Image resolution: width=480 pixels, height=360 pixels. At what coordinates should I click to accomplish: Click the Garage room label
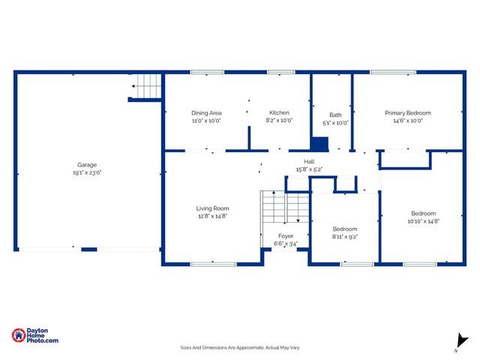coord(87,165)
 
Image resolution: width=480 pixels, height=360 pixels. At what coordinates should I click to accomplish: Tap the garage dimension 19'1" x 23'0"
coord(87,172)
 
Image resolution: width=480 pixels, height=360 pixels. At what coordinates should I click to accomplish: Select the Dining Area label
coord(206,112)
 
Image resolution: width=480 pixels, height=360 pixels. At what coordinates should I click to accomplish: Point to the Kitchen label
coord(279,112)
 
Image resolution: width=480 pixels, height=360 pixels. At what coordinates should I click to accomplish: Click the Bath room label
coord(335,115)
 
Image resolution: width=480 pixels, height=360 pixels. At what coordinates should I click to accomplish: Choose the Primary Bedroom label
coord(408,112)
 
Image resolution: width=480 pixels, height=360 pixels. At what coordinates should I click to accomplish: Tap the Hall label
coord(309,161)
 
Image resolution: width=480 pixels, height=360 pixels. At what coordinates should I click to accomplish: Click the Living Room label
coord(213,208)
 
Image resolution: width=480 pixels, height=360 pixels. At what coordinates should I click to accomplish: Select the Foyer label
coord(286,235)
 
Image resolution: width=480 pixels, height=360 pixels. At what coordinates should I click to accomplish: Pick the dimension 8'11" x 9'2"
coord(345,236)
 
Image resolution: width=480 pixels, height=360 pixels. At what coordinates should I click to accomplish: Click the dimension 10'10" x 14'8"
coord(423,221)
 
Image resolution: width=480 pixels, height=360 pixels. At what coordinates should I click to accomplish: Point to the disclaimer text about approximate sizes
coord(239,347)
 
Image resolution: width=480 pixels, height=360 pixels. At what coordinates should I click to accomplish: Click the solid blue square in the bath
coord(319,143)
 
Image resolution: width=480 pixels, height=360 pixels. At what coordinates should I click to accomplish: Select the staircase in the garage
coord(147,87)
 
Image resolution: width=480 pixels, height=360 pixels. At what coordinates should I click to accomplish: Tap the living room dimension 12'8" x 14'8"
coord(213,215)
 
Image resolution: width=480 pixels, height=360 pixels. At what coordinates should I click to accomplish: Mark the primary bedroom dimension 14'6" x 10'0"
coord(408,121)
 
